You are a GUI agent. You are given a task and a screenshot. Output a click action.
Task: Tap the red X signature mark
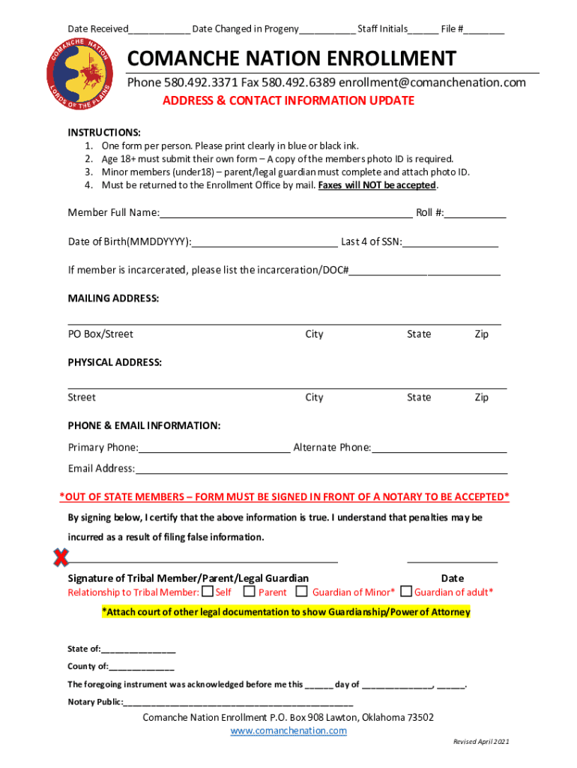[x=60, y=557]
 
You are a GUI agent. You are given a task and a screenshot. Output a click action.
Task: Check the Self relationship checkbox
[x=208, y=591]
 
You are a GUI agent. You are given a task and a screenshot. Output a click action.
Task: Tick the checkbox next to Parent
[x=250, y=591]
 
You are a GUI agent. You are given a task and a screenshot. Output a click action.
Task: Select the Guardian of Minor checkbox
[x=301, y=591]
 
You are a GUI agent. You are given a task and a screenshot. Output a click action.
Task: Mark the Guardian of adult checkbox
[x=407, y=591]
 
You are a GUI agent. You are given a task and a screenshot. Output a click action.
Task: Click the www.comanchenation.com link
[x=288, y=730]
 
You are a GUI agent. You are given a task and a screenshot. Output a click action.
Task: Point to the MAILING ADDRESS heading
[x=113, y=298]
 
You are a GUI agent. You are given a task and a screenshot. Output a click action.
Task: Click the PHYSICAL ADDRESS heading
[x=115, y=362]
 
